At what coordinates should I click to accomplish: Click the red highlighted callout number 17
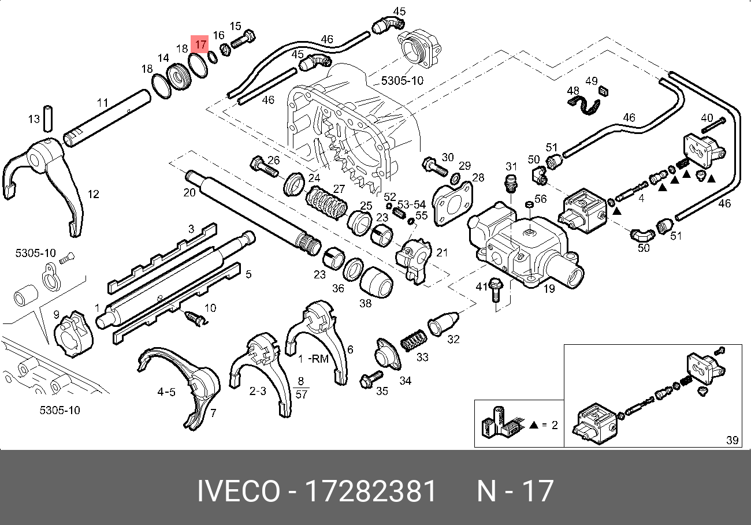pyautogui.click(x=200, y=44)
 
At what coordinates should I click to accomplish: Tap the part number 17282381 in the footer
pyautogui.click(x=371, y=491)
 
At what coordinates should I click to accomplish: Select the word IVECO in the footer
pyautogui.click(x=239, y=491)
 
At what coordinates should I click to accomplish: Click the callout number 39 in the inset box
pyautogui.click(x=733, y=440)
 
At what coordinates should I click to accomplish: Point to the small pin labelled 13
pyautogui.click(x=49, y=118)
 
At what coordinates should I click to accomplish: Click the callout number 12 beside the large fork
pyautogui.click(x=93, y=194)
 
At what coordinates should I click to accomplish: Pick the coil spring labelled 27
pyautogui.click(x=326, y=202)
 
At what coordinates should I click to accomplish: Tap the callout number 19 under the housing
pyautogui.click(x=549, y=288)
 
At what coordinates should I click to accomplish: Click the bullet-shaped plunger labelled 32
pyautogui.click(x=443, y=323)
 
